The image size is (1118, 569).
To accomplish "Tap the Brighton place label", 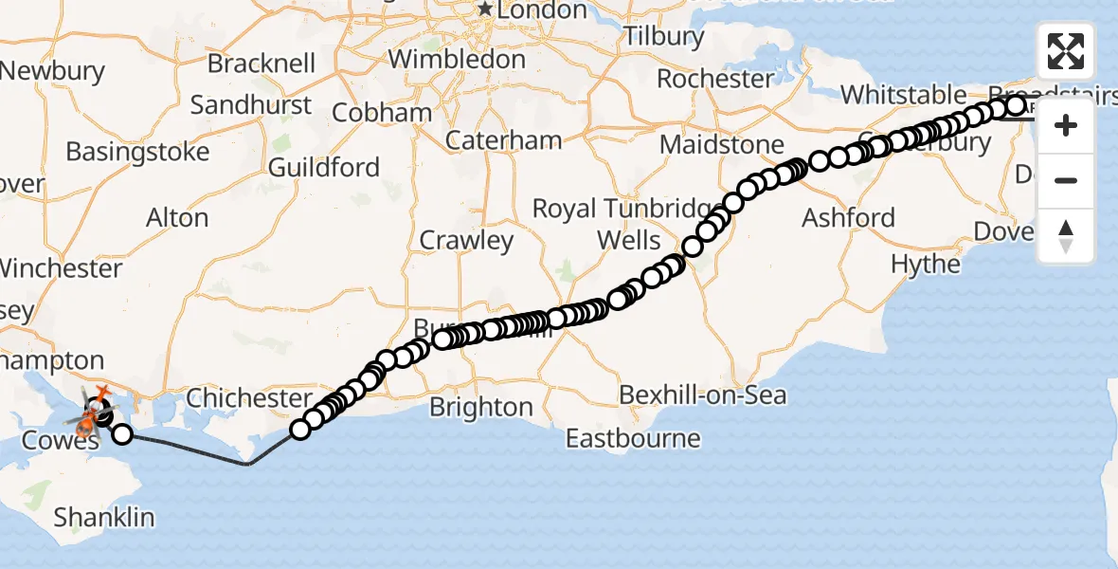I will [x=480, y=407].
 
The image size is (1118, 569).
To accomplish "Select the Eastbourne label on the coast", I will [x=633, y=438].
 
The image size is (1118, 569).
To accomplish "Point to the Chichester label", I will [x=248, y=397].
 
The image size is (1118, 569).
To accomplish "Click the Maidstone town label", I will [x=721, y=145].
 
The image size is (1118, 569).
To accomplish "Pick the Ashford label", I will [x=848, y=217].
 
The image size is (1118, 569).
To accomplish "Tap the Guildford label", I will [x=323, y=168].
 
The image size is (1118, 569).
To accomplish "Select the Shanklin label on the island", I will [x=103, y=517].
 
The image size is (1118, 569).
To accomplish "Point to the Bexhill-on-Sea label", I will [x=703, y=394].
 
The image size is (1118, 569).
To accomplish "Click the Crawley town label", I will [x=466, y=240].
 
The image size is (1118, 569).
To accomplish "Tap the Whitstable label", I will [x=903, y=95].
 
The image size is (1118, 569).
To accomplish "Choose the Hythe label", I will [x=926, y=264].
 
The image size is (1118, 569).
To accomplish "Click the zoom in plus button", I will [x=1066, y=125].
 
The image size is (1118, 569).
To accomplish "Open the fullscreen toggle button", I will [x=1066, y=51].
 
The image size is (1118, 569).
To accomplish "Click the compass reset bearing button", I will [x=1066, y=235].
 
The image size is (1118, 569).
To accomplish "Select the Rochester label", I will [x=715, y=78].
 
